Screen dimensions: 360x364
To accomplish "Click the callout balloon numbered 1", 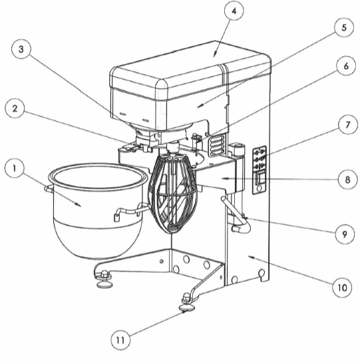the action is pyautogui.click(x=15, y=168).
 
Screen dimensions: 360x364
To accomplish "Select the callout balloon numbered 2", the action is pyautogui.click(x=15, y=108).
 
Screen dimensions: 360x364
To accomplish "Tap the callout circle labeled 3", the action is pyautogui.click(x=21, y=49).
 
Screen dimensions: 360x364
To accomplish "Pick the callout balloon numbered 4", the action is pyautogui.click(x=234, y=11).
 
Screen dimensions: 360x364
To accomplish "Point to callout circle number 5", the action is pyautogui.click(x=344, y=27).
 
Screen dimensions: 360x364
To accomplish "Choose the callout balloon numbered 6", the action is pyautogui.click(x=346, y=66).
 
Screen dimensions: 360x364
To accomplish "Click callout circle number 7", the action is pyautogui.click(x=347, y=124).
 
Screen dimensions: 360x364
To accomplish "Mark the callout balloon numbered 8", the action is pyautogui.click(x=347, y=179).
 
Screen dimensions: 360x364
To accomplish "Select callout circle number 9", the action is pyautogui.click(x=345, y=234).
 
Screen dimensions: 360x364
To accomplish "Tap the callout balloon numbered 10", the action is pyautogui.click(x=342, y=287).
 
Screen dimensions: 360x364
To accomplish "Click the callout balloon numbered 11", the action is pyautogui.click(x=120, y=340).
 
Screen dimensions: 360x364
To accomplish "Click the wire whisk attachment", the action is pyautogui.click(x=174, y=193).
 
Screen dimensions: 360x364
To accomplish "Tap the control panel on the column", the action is pyautogui.click(x=260, y=170).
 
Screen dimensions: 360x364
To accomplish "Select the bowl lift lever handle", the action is pyautogui.click(x=236, y=214).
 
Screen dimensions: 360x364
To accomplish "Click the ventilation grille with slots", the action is pyautogui.click(x=217, y=146).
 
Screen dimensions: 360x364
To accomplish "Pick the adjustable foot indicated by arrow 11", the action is pyautogui.click(x=187, y=303).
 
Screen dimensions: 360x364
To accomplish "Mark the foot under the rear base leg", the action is pyautogui.click(x=103, y=279).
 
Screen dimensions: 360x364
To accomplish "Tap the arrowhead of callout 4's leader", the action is pyautogui.click(x=215, y=55).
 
